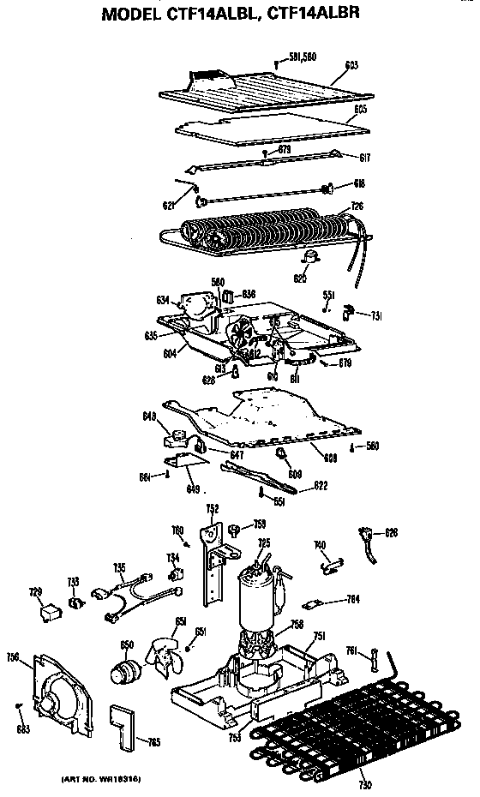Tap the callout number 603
pos(350,65)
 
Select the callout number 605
pos(360,111)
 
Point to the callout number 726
pos(357,207)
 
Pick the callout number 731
pos(376,317)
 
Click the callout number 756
pos(13,657)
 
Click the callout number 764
pos(351,598)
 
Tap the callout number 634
pos(163,300)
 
